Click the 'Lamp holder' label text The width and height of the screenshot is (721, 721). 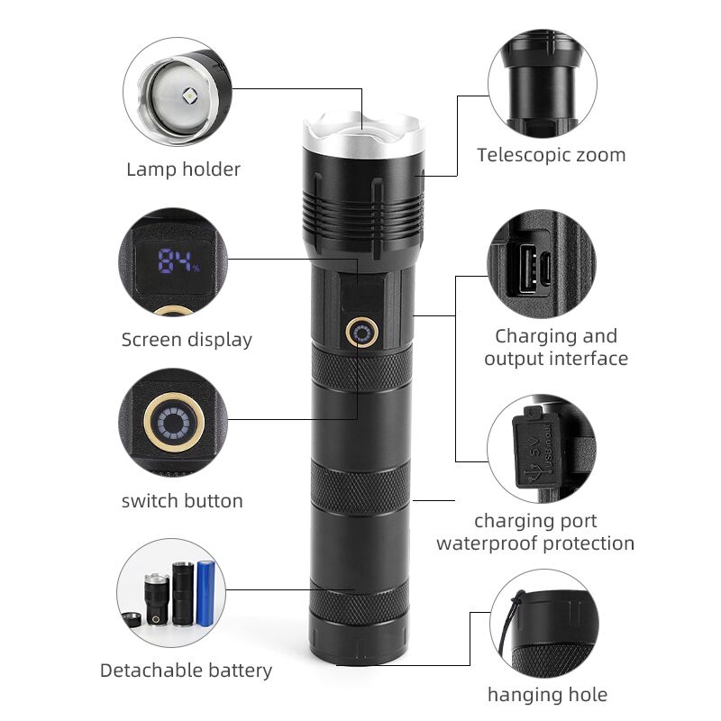[x=184, y=169]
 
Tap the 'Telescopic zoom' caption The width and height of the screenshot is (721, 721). [x=551, y=155]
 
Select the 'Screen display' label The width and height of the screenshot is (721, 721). [x=187, y=340]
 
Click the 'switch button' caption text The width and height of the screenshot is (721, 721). [x=182, y=500]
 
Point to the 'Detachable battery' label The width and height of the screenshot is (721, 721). [x=186, y=671]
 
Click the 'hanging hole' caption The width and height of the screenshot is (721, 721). [x=547, y=694]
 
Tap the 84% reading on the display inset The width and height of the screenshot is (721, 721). [x=178, y=260]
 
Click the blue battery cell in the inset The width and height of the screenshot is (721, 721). [x=205, y=592]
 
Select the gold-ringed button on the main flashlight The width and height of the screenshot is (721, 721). [x=362, y=333]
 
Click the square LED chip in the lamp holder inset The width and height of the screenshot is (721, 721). [x=190, y=97]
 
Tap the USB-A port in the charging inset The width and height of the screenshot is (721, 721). [x=528, y=269]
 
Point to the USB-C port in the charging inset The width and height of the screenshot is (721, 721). [x=546, y=269]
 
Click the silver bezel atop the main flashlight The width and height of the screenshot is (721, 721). [x=364, y=133]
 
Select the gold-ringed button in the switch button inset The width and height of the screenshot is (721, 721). [x=174, y=421]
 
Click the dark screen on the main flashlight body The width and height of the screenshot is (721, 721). [x=363, y=294]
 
